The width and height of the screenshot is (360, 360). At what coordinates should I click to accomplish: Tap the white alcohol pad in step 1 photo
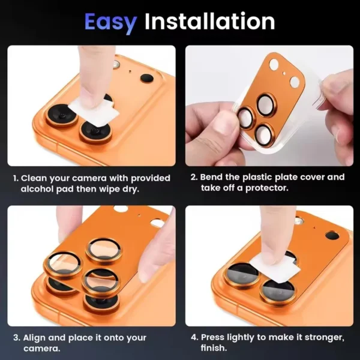tap(85, 110)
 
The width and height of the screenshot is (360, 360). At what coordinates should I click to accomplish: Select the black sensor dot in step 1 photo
tap(146, 77)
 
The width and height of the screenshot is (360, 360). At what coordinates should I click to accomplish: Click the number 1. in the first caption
tap(16, 178)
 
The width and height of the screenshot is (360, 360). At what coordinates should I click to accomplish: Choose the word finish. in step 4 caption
tap(215, 348)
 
